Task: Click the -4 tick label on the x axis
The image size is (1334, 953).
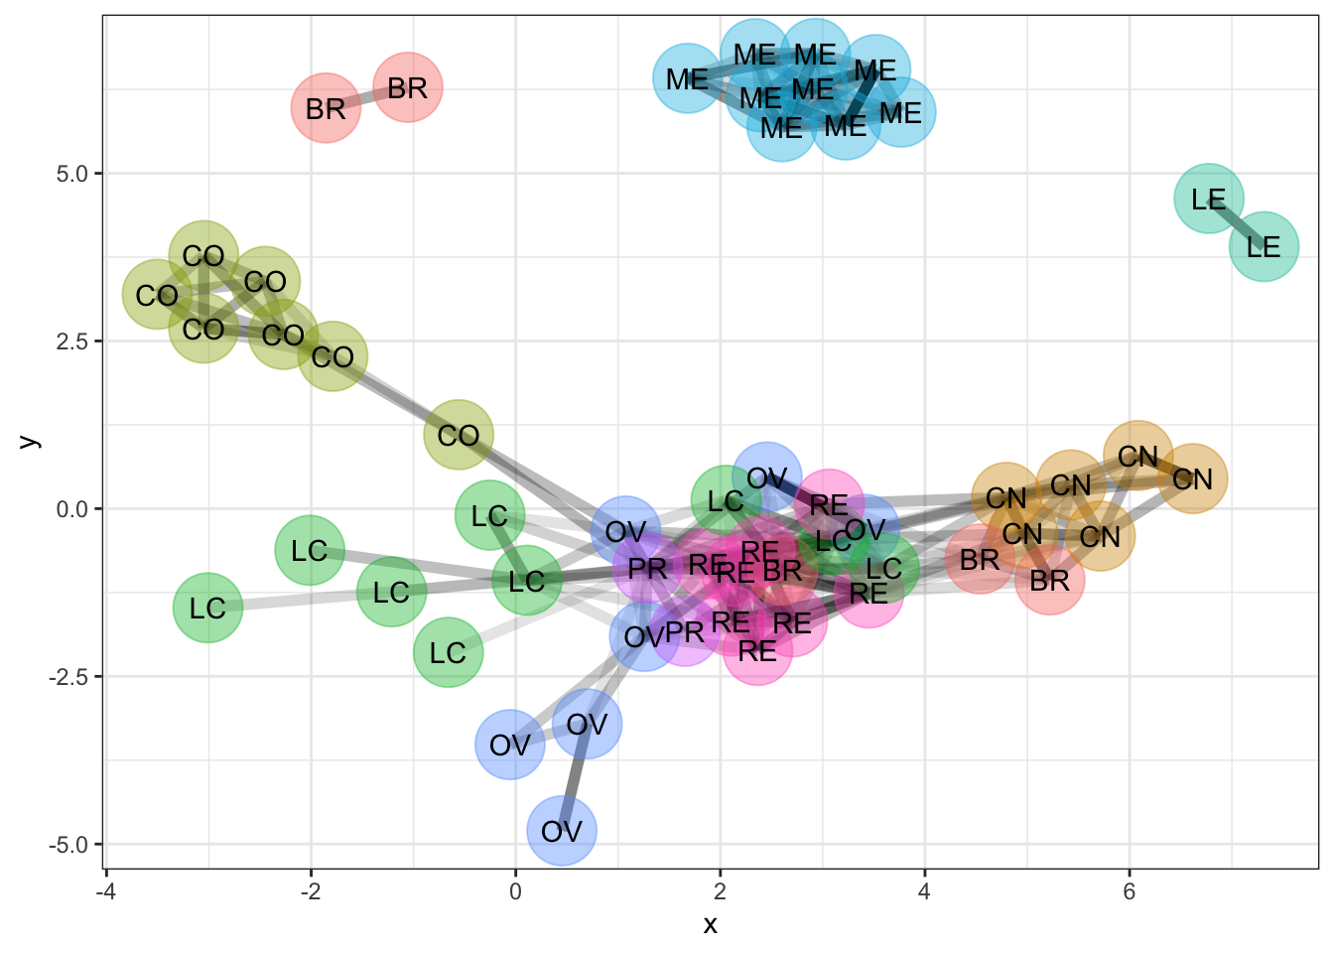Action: point(105,891)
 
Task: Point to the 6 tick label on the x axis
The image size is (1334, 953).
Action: point(1129,891)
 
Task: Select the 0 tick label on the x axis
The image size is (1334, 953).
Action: point(515,891)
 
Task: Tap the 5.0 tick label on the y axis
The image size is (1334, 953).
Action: point(73,174)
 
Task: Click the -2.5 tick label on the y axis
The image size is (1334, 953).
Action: point(69,677)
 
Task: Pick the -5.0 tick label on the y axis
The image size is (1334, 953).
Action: point(69,845)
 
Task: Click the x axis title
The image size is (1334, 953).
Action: point(710,925)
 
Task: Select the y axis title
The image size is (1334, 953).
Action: point(30,442)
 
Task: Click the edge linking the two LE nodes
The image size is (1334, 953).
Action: point(1236,222)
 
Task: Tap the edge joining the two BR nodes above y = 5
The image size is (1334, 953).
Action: point(366,97)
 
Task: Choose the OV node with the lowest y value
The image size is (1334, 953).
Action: point(562,830)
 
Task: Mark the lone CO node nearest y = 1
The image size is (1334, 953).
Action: point(459,435)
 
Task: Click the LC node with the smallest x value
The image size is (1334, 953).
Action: point(207,608)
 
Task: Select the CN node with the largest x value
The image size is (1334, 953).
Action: point(1192,479)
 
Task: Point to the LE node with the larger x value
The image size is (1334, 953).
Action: point(1264,246)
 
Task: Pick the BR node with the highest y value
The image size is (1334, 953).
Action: point(407,87)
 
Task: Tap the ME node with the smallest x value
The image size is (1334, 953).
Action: point(687,78)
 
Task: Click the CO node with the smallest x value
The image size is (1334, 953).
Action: point(157,295)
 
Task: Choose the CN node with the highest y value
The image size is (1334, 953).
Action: point(1137,456)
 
